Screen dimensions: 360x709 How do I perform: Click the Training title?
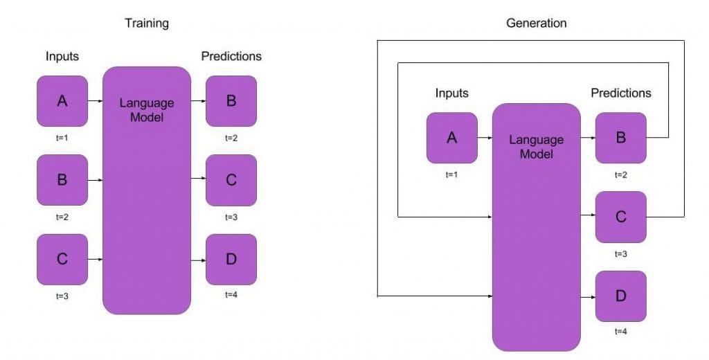click(x=146, y=24)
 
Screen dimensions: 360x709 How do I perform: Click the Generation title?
click(x=536, y=24)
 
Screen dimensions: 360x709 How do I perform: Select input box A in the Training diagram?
click(x=62, y=101)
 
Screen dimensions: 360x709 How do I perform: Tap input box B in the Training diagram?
click(x=62, y=180)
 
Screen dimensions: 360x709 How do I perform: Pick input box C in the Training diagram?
click(x=62, y=260)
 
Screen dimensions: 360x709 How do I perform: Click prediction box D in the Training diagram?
click(x=231, y=260)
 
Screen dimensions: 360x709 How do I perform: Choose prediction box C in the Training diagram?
click(x=231, y=180)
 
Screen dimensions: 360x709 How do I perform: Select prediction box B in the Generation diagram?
click(x=620, y=138)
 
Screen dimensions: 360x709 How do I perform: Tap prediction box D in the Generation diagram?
click(x=620, y=296)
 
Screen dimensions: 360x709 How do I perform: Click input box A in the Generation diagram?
click(x=451, y=138)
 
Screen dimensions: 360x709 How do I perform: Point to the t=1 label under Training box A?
click(x=62, y=138)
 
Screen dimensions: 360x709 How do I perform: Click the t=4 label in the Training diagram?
click(x=231, y=295)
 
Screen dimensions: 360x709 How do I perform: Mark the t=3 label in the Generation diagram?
click(x=620, y=253)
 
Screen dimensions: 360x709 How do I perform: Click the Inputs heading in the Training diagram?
click(x=62, y=56)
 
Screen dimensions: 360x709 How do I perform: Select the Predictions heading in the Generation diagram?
click(x=620, y=93)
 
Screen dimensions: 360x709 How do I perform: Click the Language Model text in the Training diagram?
click(x=147, y=110)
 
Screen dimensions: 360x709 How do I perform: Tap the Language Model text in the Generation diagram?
click(x=536, y=147)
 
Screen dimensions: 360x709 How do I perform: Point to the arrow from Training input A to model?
click(x=96, y=101)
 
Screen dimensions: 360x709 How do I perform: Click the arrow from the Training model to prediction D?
click(x=198, y=260)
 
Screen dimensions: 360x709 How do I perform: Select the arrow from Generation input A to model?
click(x=485, y=138)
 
